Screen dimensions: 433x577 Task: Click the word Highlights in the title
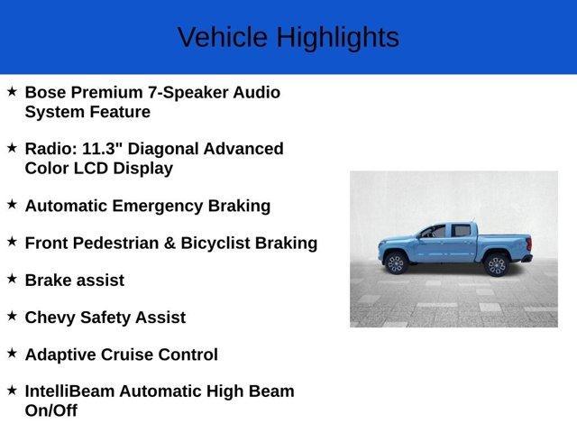tap(337, 38)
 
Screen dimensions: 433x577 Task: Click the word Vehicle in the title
tap(222, 38)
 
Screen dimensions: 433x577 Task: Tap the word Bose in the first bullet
tap(46, 92)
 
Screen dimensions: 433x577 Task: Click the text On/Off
tap(51, 410)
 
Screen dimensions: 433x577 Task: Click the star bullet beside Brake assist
tap(12, 279)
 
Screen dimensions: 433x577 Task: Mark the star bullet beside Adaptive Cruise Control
tap(12, 353)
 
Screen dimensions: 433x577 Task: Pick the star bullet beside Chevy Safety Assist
tap(12, 316)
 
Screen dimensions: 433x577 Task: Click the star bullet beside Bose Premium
tap(12, 91)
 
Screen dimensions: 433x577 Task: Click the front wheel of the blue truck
tap(395, 263)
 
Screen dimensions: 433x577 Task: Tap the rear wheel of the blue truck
tap(495, 264)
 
